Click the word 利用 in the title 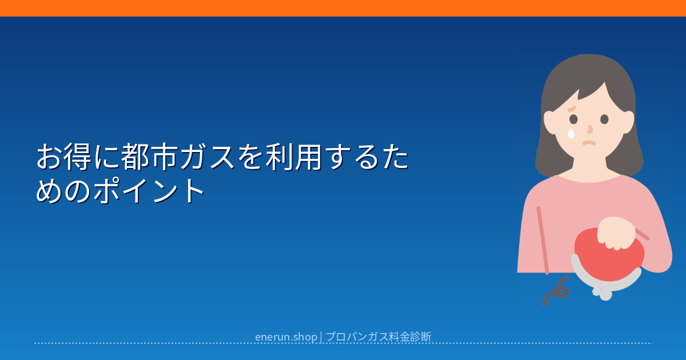(294, 157)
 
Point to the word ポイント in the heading (149, 190)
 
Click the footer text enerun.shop (286, 337)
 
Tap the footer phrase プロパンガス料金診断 (378, 337)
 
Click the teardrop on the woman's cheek (571, 134)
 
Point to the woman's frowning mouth (589, 143)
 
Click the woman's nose (590, 130)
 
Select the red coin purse (609, 255)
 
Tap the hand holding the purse (616, 233)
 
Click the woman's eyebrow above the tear (572, 109)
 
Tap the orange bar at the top (343, 8)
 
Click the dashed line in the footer (343, 343)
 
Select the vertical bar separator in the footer (321, 337)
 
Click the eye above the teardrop (573, 119)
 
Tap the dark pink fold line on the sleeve (543, 241)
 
